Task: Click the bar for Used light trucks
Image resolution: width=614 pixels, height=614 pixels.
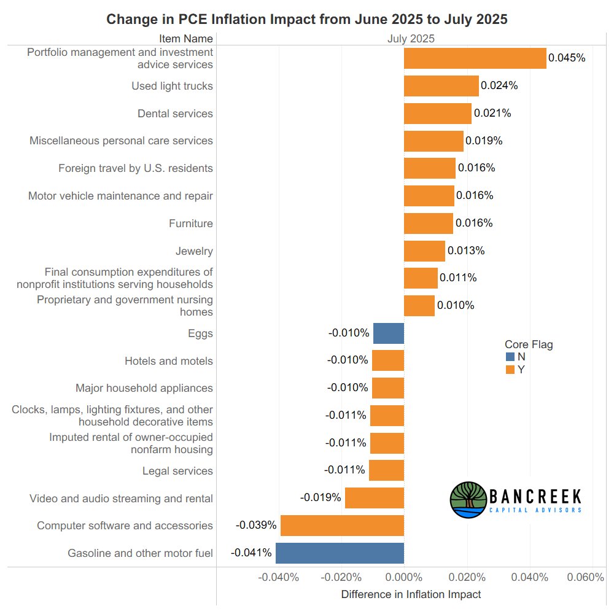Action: [441, 86]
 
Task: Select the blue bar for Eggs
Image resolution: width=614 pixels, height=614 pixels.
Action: [389, 333]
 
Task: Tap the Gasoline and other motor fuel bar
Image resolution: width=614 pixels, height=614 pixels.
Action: [340, 553]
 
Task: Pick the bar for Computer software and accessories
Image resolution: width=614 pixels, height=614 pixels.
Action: [342, 526]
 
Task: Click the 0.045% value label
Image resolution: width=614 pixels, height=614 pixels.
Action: [567, 58]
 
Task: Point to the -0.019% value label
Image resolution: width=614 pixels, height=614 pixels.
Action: [321, 497]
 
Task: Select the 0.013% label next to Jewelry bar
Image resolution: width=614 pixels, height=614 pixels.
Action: [466, 251]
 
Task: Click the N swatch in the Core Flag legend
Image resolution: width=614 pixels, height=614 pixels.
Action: [510, 357]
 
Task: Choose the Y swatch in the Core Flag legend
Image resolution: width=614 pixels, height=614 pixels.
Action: [510, 370]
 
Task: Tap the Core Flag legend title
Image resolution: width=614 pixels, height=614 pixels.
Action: [529, 344]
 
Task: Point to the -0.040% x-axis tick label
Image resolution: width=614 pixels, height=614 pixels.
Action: [278, 577]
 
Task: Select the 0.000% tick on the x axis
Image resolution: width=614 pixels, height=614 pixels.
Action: [404, 577]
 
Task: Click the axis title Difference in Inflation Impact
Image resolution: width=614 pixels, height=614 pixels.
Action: [411, 594]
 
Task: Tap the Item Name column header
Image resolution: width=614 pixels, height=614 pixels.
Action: [186, 39]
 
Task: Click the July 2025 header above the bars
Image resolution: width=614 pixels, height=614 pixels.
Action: [411, 39]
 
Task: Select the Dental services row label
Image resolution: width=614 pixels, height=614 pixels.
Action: [175, 114]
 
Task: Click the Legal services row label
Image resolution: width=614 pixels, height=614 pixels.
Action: [177, 471]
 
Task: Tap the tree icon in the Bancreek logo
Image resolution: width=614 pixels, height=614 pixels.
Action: [468, 500]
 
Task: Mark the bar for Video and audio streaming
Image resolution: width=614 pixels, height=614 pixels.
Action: [374, 498]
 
